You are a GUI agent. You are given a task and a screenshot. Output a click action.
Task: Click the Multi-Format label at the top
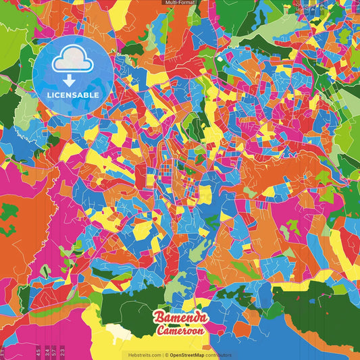180,3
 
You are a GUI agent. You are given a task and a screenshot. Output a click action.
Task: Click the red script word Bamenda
181,317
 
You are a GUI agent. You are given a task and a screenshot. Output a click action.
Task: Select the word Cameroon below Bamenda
181,331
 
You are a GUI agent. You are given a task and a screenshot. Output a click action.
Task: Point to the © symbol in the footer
165,355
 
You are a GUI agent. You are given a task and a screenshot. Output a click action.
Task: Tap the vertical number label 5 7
53,351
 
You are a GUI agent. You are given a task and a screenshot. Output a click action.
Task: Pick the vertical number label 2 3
62,351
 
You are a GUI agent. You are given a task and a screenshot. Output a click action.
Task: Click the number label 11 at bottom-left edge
3,351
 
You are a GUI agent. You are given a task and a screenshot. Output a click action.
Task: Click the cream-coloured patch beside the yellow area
120,332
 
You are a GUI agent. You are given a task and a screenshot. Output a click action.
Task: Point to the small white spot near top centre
218,59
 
